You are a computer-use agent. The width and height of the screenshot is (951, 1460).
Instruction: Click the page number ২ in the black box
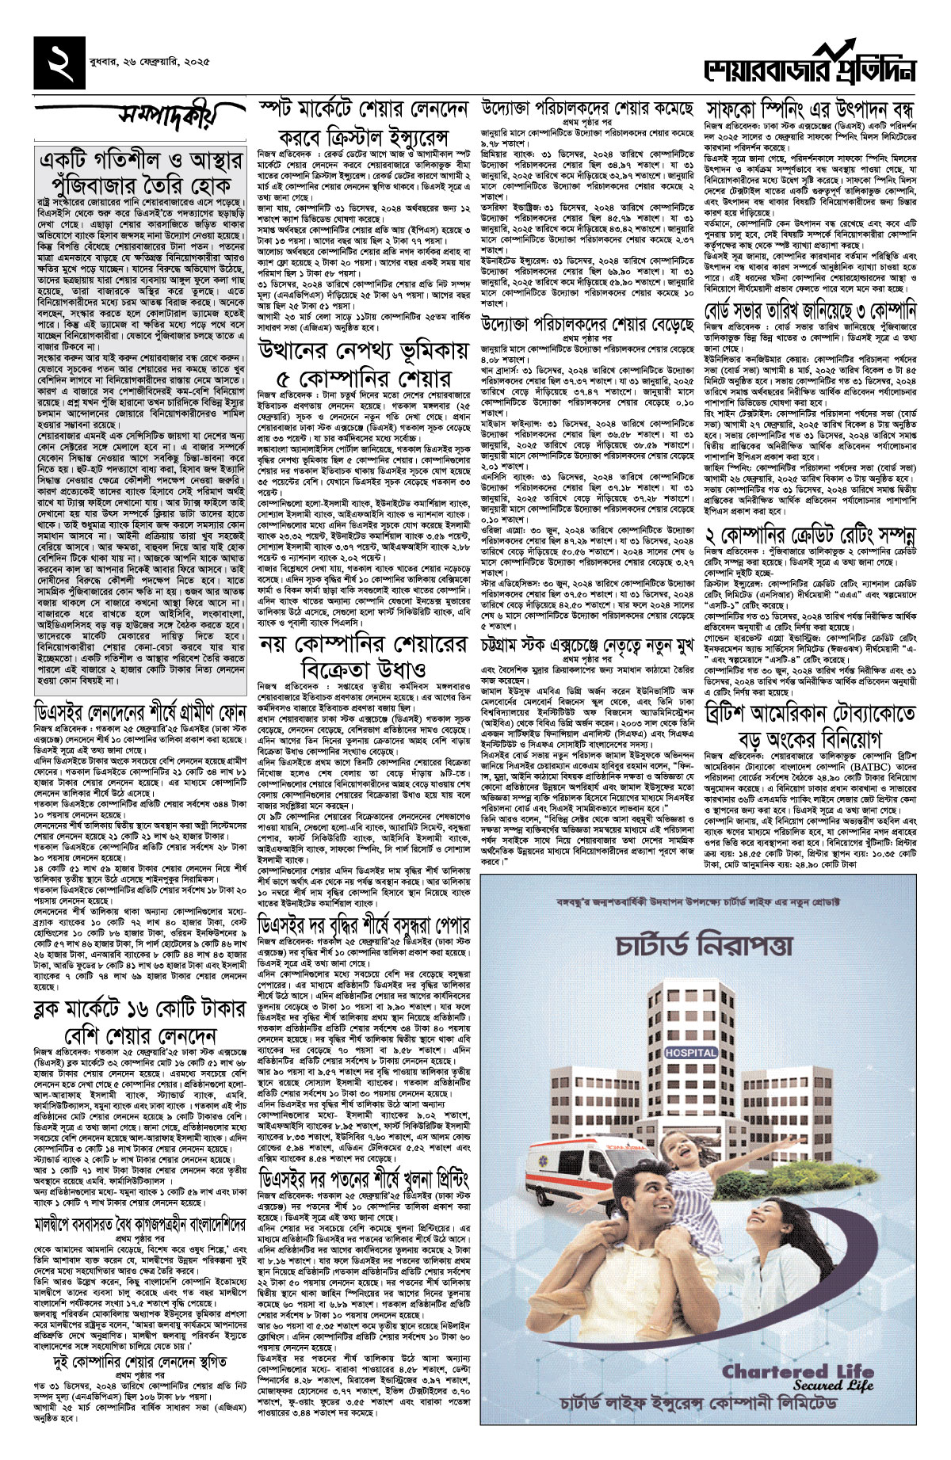tap(59, 61)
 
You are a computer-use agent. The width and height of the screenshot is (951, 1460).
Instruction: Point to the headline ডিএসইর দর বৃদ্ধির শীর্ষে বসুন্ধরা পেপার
tap(364, 923)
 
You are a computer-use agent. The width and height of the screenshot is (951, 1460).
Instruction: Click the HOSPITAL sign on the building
tap(691, 1052)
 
